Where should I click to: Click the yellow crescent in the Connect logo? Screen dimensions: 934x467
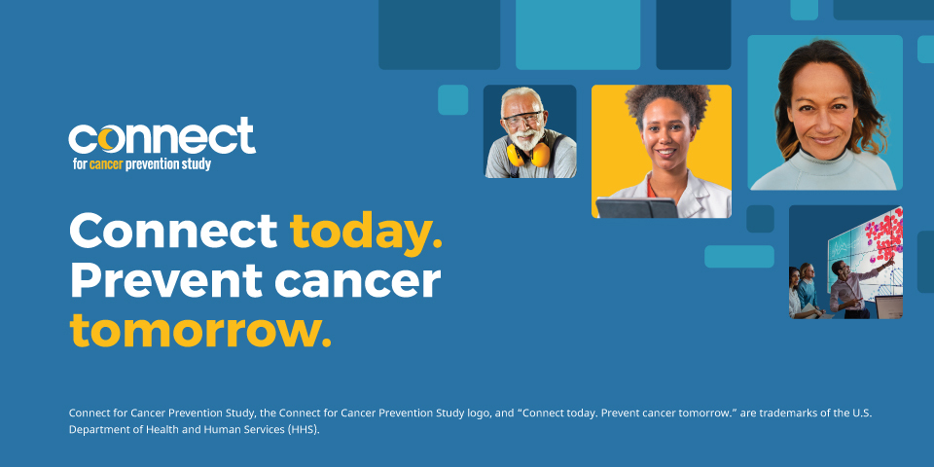[108, 139]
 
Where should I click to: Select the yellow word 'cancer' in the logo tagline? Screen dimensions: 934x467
[106, 164]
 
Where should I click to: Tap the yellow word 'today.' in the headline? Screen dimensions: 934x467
[367, 232]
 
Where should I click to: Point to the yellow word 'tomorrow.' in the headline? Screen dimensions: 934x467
[200, 331]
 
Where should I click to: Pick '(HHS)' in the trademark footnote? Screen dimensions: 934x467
[304, 430]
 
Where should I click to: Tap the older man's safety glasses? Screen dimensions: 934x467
[522, 118]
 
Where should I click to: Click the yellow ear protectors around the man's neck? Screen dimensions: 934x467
[528, 155]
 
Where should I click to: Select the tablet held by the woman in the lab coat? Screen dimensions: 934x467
[636, 208]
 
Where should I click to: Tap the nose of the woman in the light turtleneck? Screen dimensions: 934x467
[824, 119]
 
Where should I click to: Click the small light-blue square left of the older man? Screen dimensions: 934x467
[452, 100]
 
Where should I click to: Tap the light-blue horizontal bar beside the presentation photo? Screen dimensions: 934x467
[739, 257]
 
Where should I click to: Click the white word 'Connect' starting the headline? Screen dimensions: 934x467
[174, 231]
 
